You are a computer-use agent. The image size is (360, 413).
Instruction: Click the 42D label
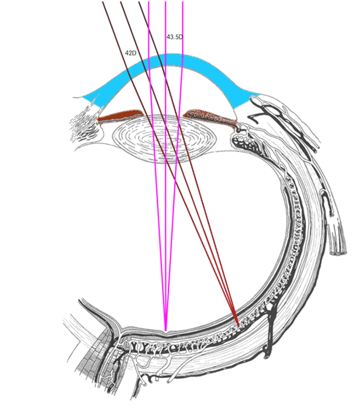point(131,53)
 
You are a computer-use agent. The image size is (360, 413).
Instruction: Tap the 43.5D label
point(175,37)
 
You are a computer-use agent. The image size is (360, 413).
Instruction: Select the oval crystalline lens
point(164,139)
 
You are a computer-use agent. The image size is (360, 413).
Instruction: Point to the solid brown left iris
point(120,116)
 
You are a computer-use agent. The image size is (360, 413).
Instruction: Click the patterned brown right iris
point(210,117)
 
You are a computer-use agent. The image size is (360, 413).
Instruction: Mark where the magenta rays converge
point(166,330)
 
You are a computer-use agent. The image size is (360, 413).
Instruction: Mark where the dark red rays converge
point(238,325)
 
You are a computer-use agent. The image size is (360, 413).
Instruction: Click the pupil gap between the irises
point(163,115)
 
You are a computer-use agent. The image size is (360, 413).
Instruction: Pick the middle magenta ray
point(166,166)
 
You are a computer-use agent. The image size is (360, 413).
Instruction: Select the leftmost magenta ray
point(157,166)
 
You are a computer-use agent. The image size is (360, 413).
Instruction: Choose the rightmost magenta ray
point(175,166)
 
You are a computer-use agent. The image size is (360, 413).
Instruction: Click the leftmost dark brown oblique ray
point(170,163)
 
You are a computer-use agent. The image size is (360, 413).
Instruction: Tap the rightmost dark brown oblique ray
point(188,163)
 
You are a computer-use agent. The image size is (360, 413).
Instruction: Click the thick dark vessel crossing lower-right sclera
point(269,329)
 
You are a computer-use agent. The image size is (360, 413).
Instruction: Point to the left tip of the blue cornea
point(82,97)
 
